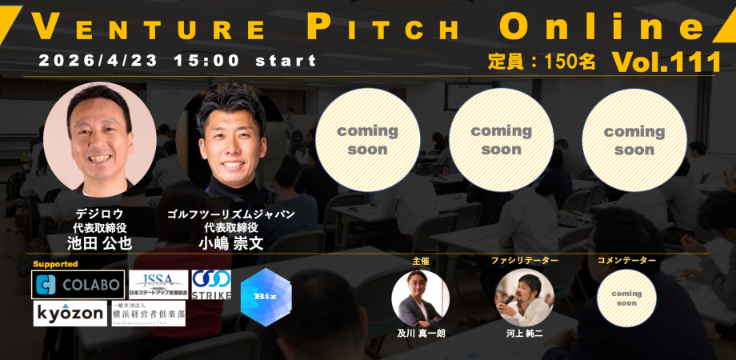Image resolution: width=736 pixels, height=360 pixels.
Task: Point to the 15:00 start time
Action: tap(245, 61)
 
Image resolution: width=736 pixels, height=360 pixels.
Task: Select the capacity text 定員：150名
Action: tap(542, 62)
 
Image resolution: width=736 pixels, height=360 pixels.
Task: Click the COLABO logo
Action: tap(78, 284)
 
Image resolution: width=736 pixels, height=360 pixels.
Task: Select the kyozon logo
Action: tap(70, 314)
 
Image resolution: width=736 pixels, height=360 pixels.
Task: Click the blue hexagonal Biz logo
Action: tap(266, 294)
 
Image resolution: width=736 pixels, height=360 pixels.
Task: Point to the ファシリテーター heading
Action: tap(524, 261)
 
